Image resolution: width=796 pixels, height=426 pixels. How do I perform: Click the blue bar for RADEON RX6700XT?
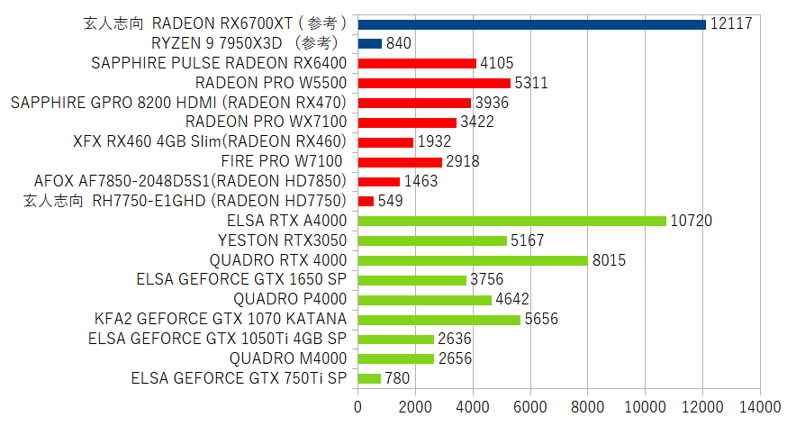531,24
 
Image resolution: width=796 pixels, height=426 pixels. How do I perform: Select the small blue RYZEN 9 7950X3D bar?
370,43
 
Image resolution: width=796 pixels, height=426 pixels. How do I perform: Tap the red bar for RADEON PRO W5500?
434,83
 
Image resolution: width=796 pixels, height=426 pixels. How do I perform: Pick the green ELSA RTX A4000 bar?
511,221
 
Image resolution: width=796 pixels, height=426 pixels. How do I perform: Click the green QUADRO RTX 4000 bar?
473,260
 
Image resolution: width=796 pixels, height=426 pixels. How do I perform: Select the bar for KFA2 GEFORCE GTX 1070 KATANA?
439,319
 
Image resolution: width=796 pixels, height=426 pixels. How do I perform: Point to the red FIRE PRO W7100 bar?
400,161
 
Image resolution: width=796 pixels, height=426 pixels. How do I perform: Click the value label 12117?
730,24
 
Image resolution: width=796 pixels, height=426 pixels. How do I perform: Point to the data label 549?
390,201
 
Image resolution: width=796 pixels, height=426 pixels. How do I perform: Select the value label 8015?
609,260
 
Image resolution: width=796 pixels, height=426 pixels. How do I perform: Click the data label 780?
397,378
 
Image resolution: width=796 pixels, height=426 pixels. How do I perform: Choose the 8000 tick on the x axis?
588,405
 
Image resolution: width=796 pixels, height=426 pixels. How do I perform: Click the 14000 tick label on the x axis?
759,405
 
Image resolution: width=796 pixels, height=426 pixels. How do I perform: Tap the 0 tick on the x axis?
358,405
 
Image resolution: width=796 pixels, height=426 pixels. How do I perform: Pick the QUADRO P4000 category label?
290,299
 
